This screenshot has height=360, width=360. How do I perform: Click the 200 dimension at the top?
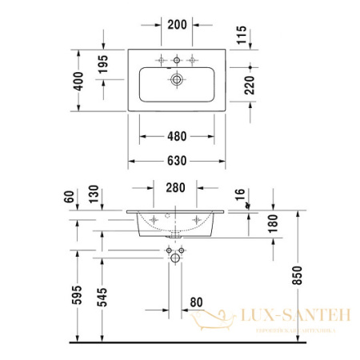pos(177,24)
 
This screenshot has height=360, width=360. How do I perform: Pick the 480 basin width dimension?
pos(177,136)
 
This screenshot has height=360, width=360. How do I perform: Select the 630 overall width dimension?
pos(177,161)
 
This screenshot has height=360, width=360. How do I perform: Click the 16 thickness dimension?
pos(239,196)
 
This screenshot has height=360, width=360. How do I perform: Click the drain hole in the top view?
pos(177,79)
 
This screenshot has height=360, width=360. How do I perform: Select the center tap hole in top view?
pos(177,59)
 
